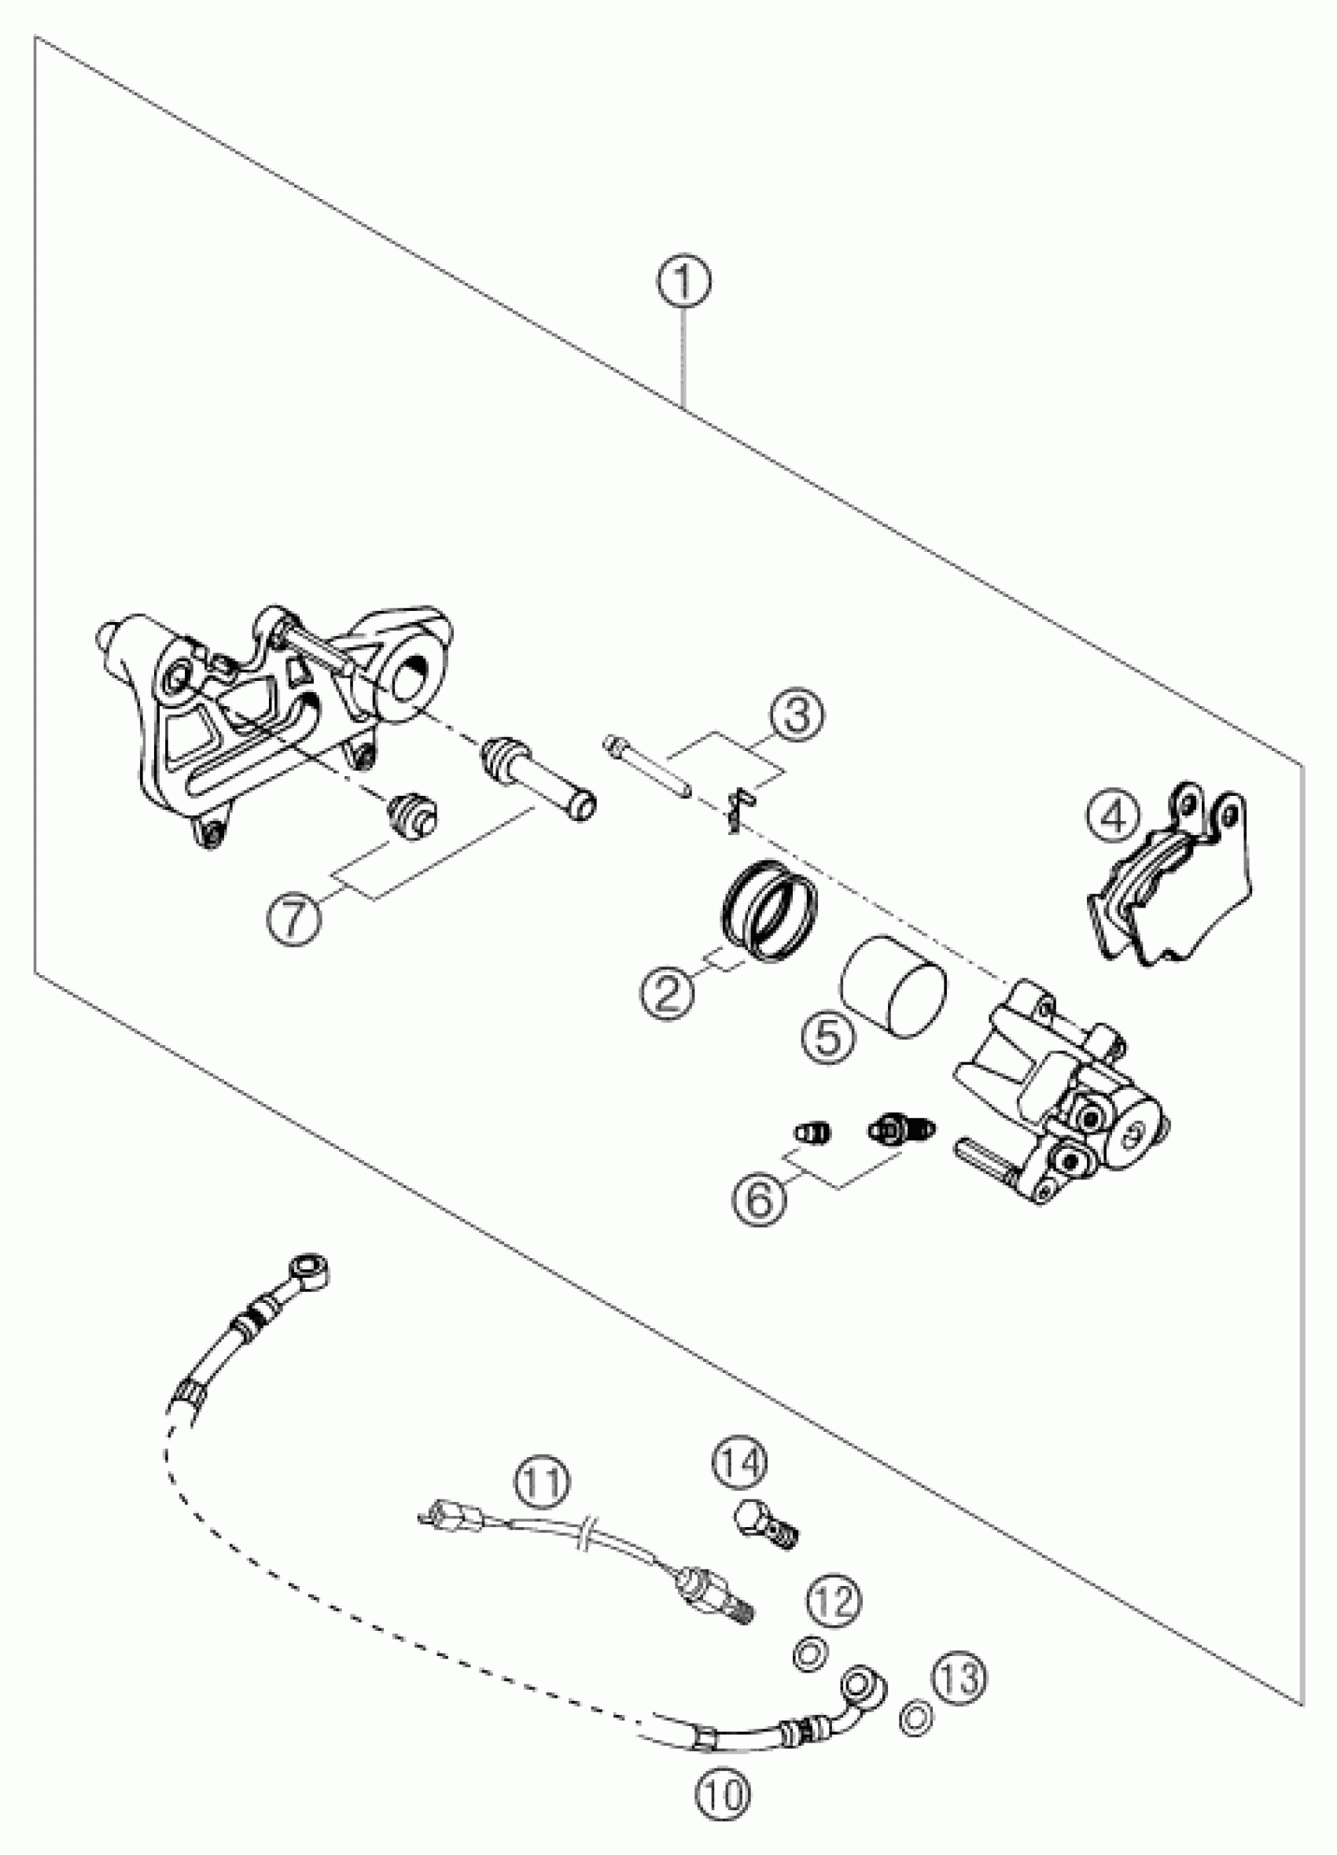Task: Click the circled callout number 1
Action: [683, 282]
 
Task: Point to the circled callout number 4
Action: [1114, 815]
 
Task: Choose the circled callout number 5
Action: [827, 1039]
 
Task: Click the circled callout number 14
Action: [740, 1462]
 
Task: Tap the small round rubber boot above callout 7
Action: [413, 814]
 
